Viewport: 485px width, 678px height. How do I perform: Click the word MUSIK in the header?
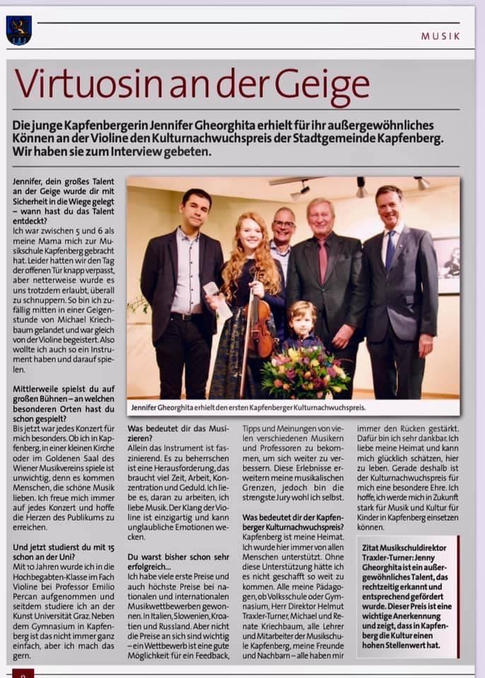pos(440,35)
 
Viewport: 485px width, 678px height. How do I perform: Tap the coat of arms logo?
pos(18,30)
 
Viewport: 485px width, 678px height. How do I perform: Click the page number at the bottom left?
pos(22,674)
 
